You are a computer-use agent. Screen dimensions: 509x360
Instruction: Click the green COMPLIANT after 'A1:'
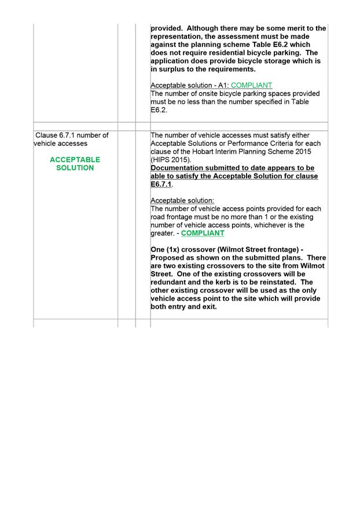pyautogui.click(x=251, y=85)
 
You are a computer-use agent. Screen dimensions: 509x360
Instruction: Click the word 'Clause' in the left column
pyautogui.click(x=47, y=135)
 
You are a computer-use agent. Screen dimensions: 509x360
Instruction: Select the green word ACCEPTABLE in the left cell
pyautogui.click(x=75, y=160)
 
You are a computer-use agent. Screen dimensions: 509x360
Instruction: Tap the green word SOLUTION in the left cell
pyautogui.click(x=75, y=168)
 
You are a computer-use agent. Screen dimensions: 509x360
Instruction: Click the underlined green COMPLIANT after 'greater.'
pyautogui.click(x=203, y=233)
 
